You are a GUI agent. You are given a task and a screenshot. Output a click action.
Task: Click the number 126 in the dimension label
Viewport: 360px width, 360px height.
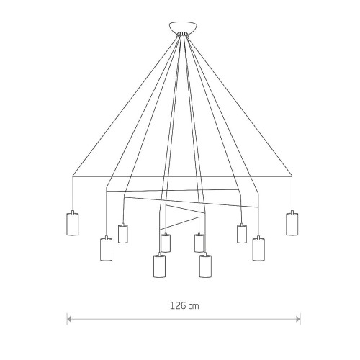click(178, 306)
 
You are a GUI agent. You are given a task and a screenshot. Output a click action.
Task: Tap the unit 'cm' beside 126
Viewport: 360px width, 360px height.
click(194, 307)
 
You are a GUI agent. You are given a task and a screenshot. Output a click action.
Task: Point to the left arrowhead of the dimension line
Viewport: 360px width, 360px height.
click(69, 319)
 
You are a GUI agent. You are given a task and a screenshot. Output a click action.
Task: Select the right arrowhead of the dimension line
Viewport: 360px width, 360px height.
click(298, 319)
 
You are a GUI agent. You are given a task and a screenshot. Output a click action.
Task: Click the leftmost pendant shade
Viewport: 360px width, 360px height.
click(72, 224)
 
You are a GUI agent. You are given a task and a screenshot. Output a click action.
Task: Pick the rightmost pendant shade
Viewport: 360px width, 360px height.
click(292, 224)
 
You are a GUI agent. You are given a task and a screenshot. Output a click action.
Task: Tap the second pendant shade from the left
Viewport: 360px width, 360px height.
click(106, 249)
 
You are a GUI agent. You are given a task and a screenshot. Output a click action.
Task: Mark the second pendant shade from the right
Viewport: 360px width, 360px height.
click(258, 249)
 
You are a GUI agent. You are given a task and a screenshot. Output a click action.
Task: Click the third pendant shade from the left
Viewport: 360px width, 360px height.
click(123, 234)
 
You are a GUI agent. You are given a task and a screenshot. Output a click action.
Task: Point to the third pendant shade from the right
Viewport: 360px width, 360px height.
click(242, 234)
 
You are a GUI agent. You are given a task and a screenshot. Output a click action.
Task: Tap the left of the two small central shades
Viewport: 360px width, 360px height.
click(166, 243)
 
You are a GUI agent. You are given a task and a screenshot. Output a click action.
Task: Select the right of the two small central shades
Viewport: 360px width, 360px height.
click(199, 243)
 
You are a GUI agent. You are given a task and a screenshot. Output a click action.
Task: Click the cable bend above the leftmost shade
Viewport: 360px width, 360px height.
click(73, 176)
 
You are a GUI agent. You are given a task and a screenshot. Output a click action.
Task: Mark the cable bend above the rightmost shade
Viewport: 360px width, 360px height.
click(292, 176)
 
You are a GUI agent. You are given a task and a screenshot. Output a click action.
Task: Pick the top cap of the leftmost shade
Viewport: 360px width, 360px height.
click(72, 212)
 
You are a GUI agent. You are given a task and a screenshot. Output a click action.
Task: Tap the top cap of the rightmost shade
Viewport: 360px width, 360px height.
click(292, 212)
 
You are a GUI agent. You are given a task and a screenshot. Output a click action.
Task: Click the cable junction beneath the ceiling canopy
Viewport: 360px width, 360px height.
click(182, 34)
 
